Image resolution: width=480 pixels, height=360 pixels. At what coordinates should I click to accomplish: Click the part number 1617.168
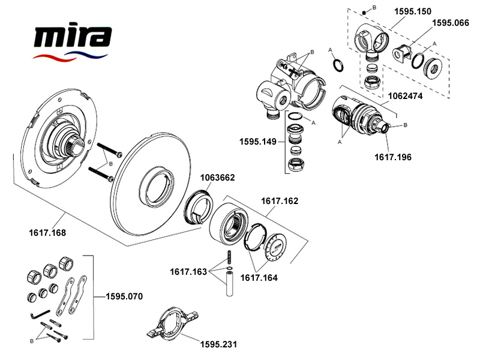coord(47,232)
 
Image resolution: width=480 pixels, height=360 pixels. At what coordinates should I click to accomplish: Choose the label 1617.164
coord(259,277)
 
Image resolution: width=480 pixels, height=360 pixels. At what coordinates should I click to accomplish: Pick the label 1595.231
coord(218,344)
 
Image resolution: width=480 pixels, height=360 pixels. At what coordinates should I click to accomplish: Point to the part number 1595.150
coord(412,11)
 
